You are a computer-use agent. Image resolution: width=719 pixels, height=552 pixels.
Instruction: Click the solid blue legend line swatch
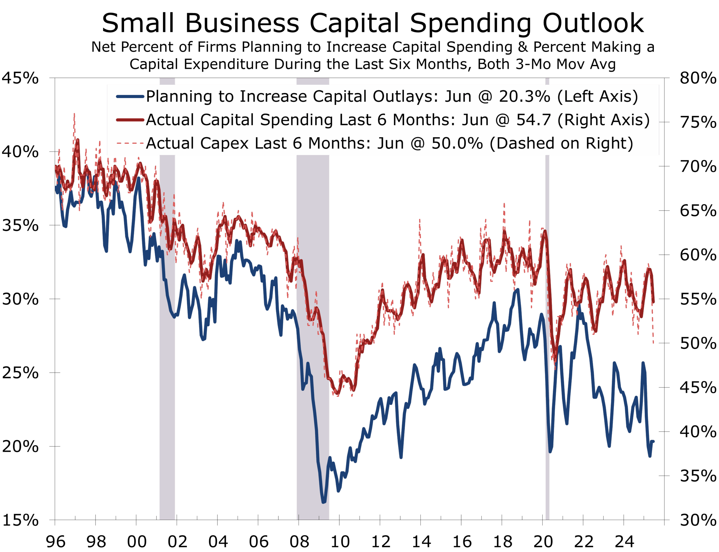(x=130, y=97)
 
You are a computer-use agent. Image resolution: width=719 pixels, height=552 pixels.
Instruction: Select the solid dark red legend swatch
(x=130, y=120)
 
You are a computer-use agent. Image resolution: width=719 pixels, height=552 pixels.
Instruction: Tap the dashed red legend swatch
(x=130, y=143)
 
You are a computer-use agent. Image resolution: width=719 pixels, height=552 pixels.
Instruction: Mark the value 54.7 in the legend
(x=533, y=120)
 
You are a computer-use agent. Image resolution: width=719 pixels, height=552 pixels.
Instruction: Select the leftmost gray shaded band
(x=167, y=329)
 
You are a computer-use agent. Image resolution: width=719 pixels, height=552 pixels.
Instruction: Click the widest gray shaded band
(x=313, y=329)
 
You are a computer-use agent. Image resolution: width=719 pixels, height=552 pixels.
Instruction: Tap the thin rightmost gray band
(x=547, y=329)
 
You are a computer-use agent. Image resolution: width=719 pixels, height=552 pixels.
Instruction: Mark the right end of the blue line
(x=653, y=441)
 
